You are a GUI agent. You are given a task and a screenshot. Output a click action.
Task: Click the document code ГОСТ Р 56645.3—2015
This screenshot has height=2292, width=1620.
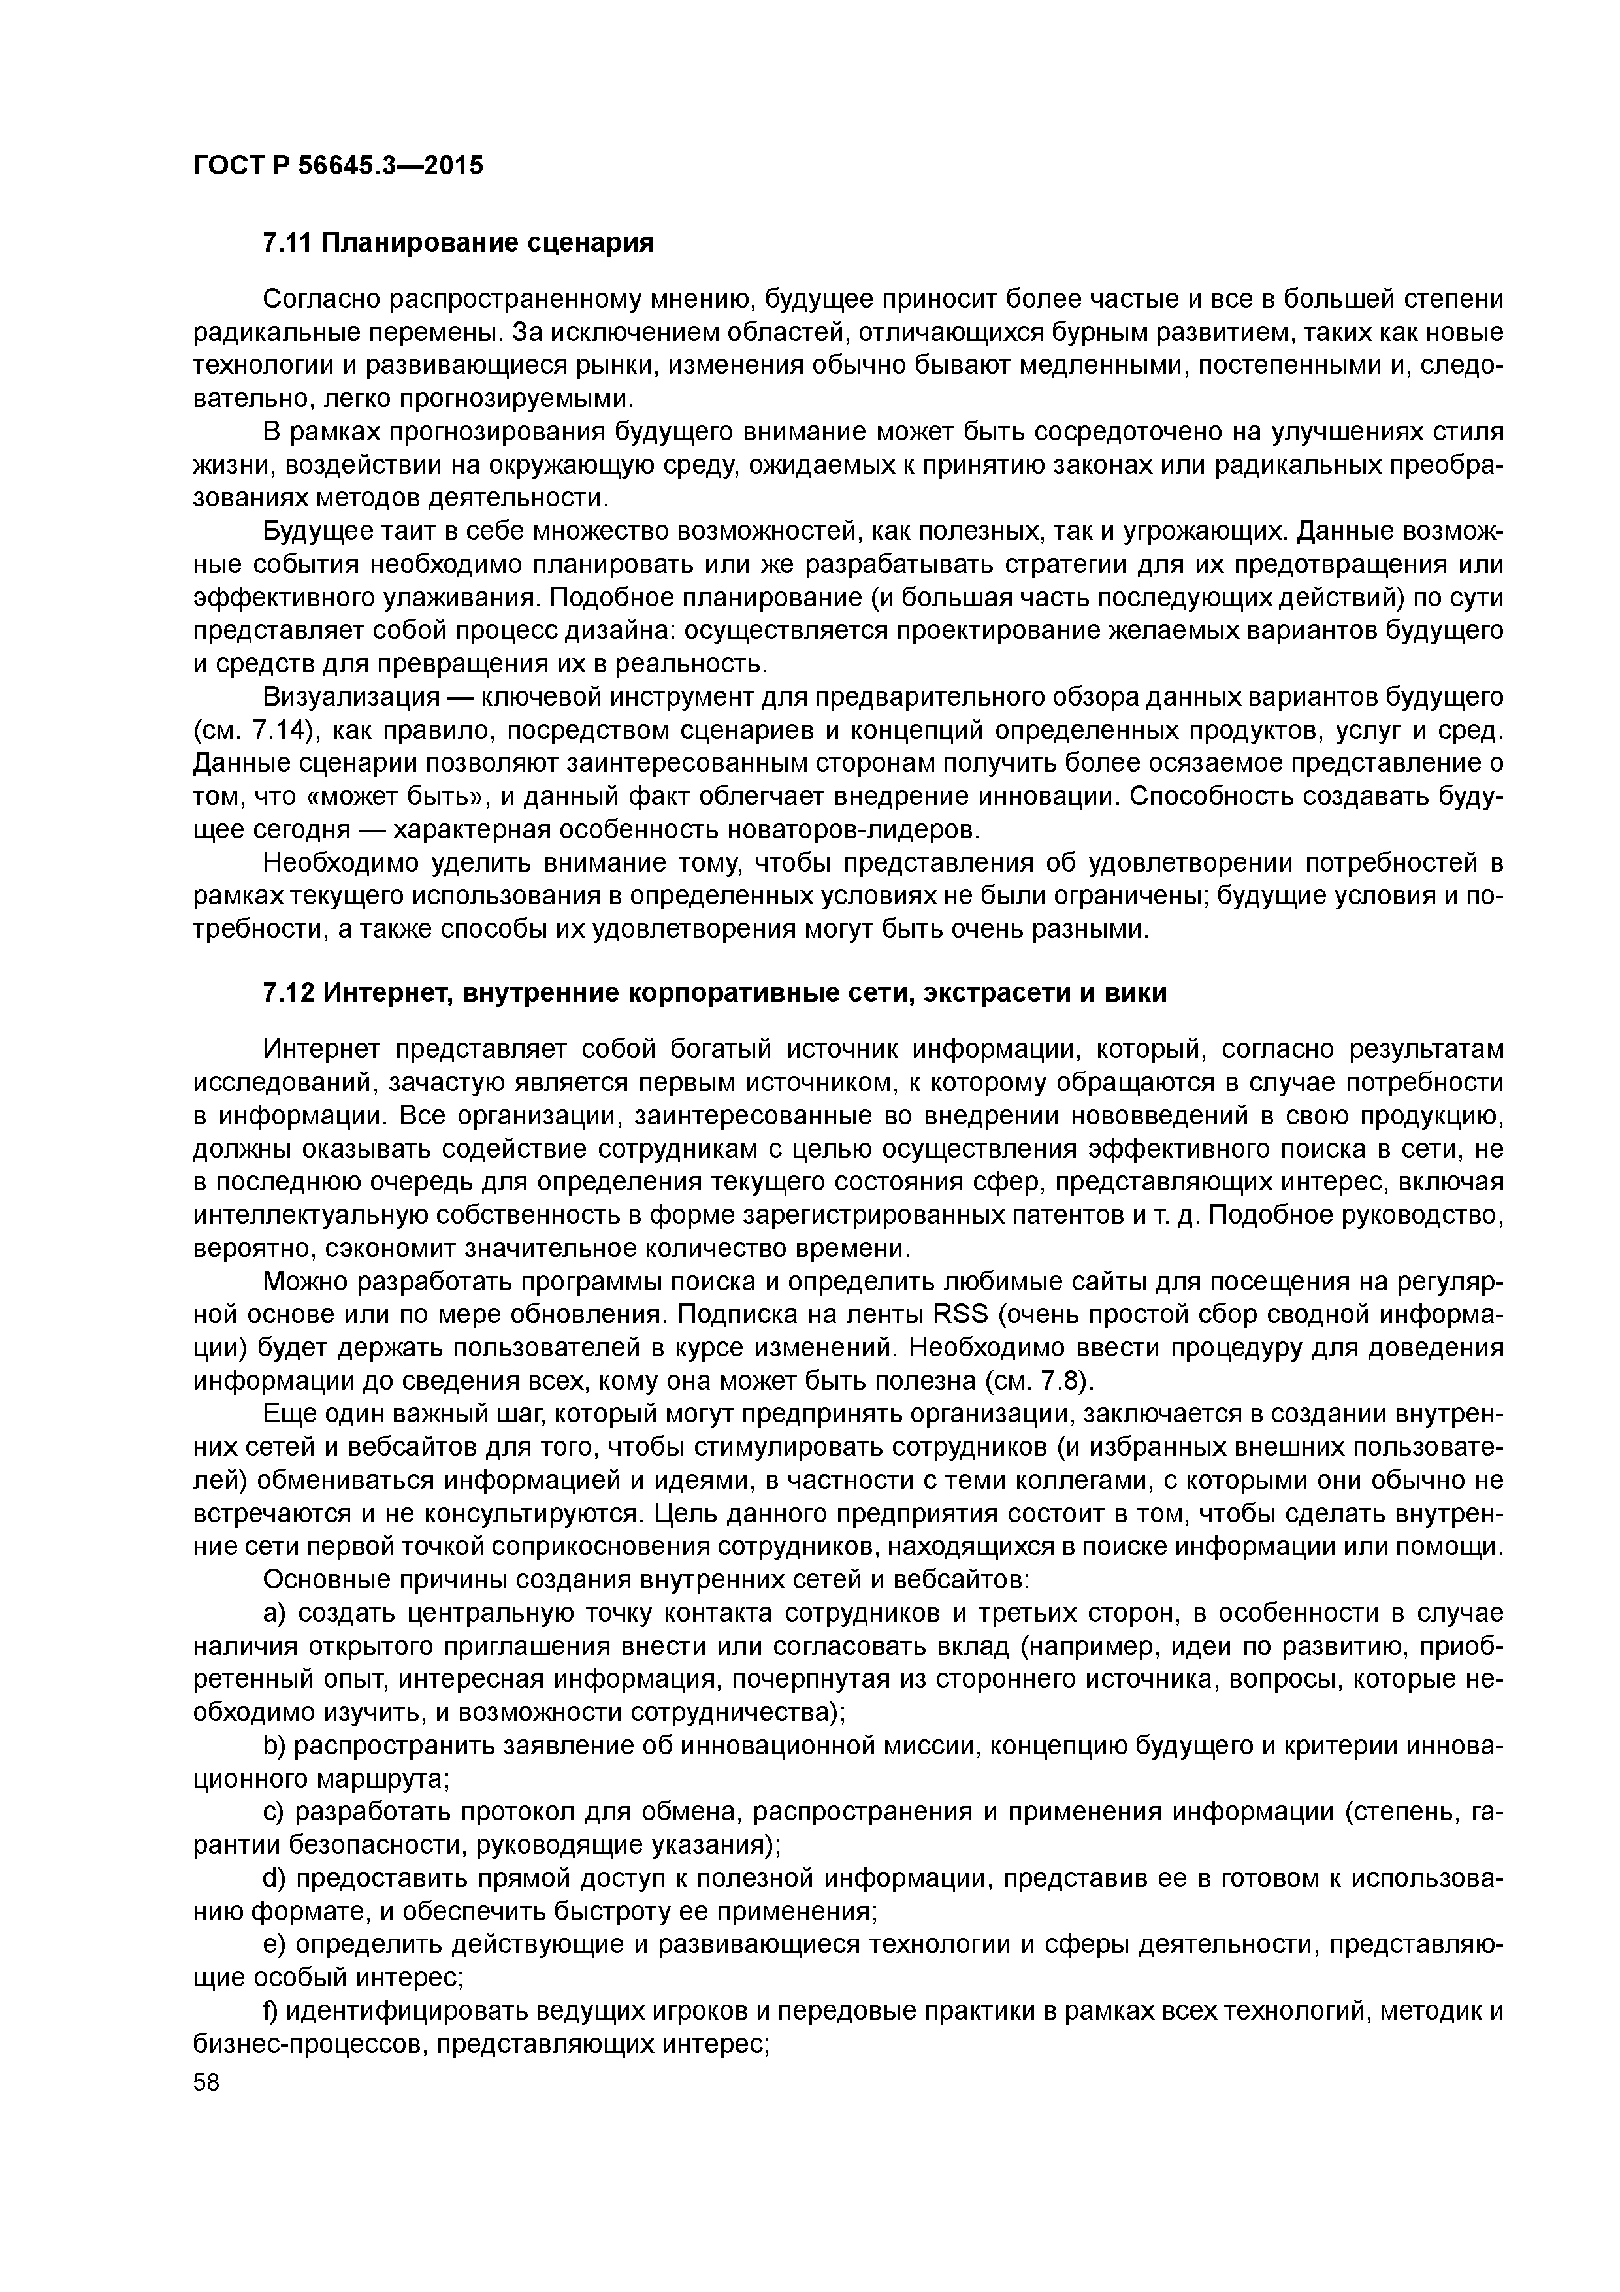(x=337, y=166)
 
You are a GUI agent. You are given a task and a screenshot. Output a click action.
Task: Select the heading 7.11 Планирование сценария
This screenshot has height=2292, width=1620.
(x=458, y=242)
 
